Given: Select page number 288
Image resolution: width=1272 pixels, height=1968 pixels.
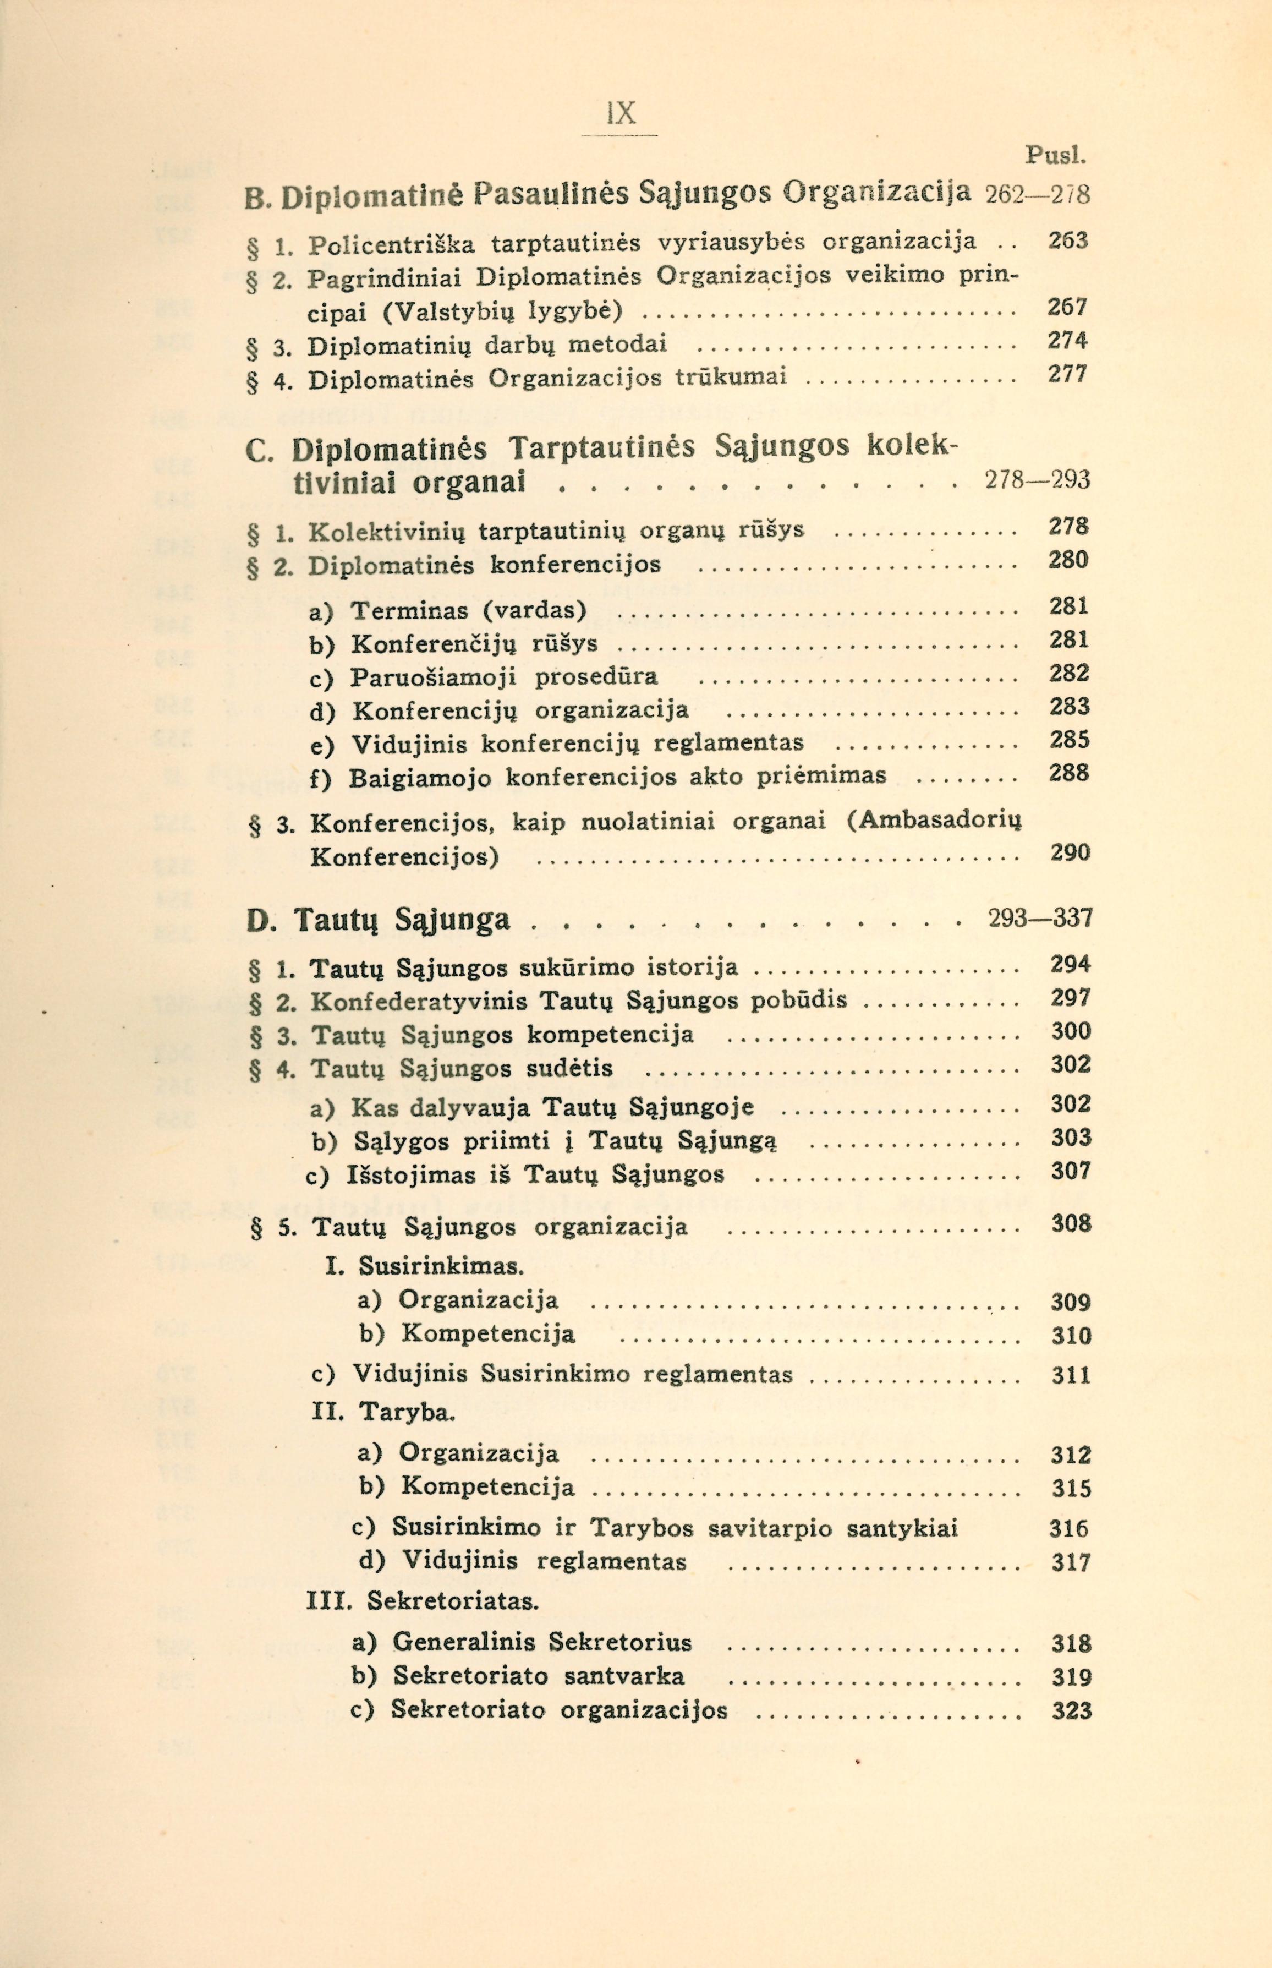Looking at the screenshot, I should [x=1070, y=773].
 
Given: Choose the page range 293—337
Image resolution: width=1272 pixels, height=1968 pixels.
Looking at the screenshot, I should [x=1040, y=918].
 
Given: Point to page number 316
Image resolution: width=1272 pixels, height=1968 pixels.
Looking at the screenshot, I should [x=1069, y=1528].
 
